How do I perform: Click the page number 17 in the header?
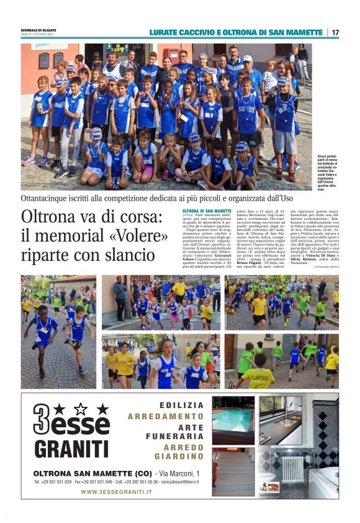click(335, 32)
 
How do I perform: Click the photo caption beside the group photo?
click(326, 175)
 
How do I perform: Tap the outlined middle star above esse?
click(80, 408)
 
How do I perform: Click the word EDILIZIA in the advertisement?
click(182, 405)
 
